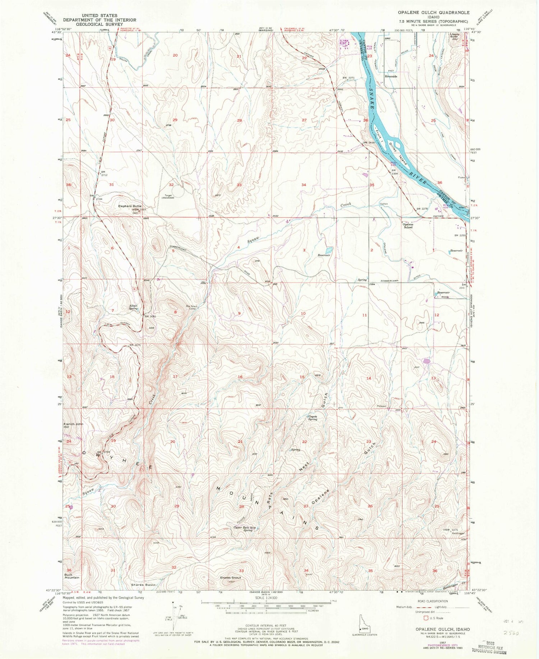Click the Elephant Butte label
click(x=127, y=206)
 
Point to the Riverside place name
click(x=391, y=77)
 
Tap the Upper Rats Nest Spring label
click(x=245, y=529)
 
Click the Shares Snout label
click(x=230, y=578)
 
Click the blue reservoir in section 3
click(x=329, y=250)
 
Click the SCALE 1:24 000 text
click(x=264, y=598)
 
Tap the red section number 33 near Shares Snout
click(x=241, y=571)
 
